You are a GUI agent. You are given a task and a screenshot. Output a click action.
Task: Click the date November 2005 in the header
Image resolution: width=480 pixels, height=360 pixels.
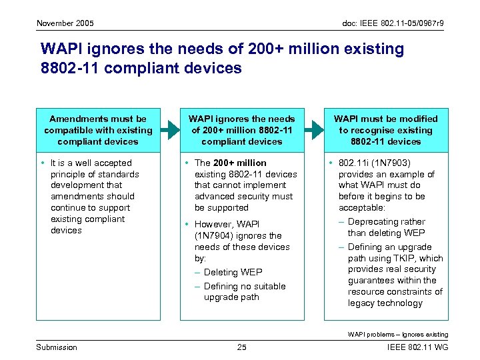[65, 23]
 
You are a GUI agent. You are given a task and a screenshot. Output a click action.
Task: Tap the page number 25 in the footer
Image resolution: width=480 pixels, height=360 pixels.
[242, 347]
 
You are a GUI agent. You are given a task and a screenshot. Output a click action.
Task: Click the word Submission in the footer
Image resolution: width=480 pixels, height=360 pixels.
[56, 347]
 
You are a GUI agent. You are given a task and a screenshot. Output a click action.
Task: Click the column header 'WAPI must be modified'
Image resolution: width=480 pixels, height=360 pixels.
[385, 119]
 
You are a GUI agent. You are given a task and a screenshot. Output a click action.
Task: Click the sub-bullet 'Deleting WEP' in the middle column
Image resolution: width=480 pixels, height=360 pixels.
[233, 272]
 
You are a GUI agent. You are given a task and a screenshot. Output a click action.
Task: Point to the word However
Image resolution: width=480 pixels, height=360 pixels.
[217, 224]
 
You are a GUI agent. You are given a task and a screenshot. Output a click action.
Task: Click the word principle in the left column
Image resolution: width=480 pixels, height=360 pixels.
[71, 174]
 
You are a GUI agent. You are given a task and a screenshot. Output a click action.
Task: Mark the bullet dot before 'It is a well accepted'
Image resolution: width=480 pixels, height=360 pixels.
[42, 163]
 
